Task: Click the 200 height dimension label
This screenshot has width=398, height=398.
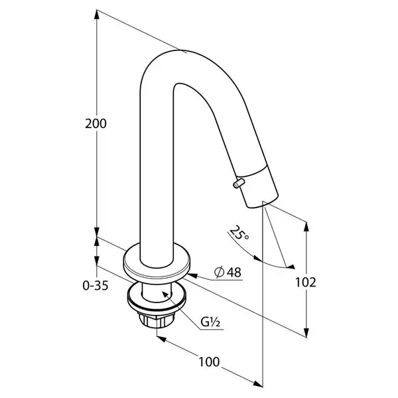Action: click(x=96, y=124)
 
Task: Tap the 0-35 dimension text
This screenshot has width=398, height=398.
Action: click(x=96, y=285)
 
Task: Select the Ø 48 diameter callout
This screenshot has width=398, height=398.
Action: click(x=228, y=273)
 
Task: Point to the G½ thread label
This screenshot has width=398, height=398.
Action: click(x=210, y=322)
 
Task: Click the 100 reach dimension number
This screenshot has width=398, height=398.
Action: click(x=209, y=362)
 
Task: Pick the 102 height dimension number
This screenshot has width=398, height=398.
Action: click(x=306, y=283)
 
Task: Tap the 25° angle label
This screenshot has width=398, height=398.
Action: click(x=239, y=233)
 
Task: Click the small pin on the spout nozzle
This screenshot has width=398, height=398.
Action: click(x=239, y=183)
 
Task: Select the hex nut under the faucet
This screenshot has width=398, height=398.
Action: click(x=157, y=320)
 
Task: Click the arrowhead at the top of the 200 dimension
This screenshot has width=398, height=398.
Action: click(x=96, y=14)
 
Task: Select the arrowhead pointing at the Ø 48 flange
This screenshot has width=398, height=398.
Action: click(x=192, y=275)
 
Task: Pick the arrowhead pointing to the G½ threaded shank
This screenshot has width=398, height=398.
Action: click(x=166, y=295)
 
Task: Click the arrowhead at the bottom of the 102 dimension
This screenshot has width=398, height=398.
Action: click(x=306, y=332)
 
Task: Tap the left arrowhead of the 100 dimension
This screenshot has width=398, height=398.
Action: click(x=161, y=339)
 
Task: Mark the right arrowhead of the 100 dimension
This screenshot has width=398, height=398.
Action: click(x=257, y=384)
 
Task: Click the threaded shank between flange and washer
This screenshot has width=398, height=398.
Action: click(x=157, y=293)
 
